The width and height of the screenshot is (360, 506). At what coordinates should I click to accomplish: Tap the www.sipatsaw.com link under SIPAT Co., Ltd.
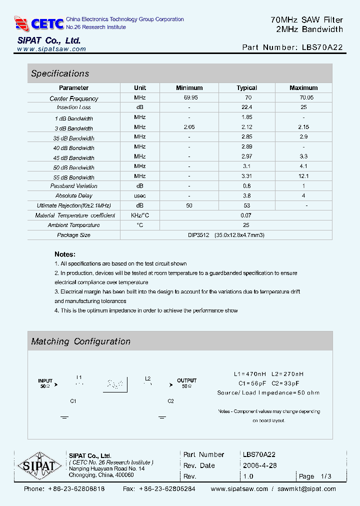(x=51, y=49)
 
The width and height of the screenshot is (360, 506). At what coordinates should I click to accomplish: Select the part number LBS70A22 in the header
(x=322, y=47)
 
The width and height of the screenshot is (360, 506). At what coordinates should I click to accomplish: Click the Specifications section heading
(x=60, y=73)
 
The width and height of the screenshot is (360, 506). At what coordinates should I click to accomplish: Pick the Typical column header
(x=246, y=88)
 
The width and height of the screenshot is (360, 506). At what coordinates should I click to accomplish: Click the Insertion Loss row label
(x=74, y=107)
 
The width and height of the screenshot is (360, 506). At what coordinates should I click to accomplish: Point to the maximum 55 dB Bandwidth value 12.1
(x=303, y=176)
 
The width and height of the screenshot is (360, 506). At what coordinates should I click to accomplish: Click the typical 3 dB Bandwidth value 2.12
(x=246, y=127)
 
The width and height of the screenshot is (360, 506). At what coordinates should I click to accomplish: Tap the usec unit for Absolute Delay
(x=140, y=195)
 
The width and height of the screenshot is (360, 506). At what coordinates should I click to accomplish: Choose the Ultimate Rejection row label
(x=74, y=205)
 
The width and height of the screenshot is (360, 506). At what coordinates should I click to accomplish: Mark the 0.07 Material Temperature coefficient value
(x=246, y=215)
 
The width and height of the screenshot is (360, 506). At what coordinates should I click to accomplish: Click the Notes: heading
(x=65, y=254)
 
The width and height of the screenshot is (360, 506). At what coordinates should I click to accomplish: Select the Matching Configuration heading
(x=80, y=341)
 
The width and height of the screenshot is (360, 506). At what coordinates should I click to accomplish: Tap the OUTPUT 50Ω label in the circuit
(x=186, y=383)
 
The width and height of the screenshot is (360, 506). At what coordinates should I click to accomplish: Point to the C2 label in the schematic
(x=170, y=401)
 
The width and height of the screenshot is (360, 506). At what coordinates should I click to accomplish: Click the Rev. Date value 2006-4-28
(x=259, y=465)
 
